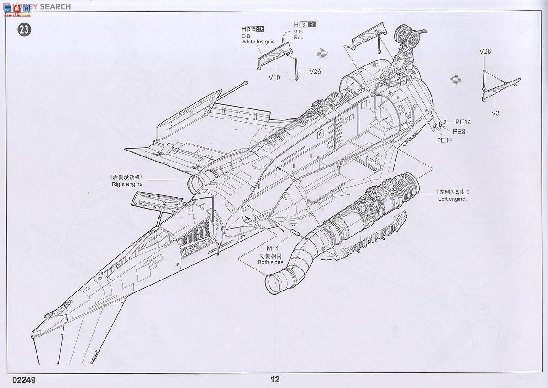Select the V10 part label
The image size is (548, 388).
(x=274, y=77)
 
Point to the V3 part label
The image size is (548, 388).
(x=495, y=113)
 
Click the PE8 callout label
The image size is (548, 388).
(x=458, y=131)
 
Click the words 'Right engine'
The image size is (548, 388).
(x=127, y=184)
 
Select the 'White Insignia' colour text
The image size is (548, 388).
(x=258, y=42)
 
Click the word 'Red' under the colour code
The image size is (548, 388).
(x=299, y=38)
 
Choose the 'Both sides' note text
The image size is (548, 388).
(x=270, y=262)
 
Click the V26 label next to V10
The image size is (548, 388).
(x=315, y=71)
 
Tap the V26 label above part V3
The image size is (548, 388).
(x=485, y=51)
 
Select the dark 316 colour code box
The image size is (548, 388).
(x=259, y=29)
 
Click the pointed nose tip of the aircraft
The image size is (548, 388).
(x=46, y=316)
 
